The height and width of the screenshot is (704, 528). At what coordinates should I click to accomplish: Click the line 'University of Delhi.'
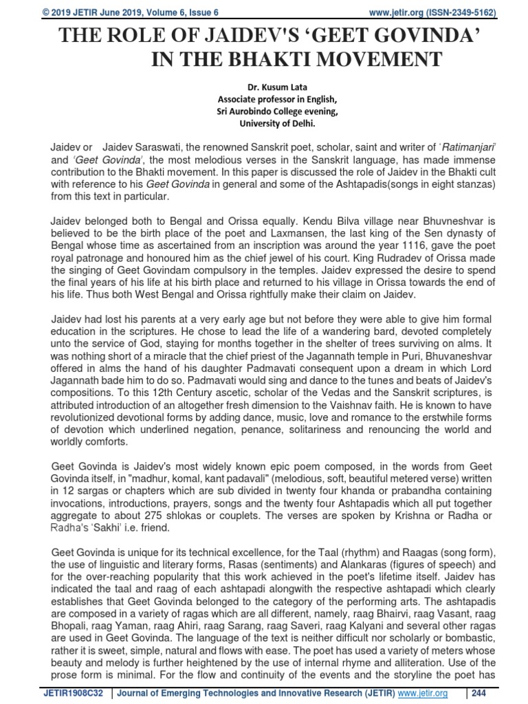(279, 124)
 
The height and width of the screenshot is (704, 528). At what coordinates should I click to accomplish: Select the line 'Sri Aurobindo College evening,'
(279, 113)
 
